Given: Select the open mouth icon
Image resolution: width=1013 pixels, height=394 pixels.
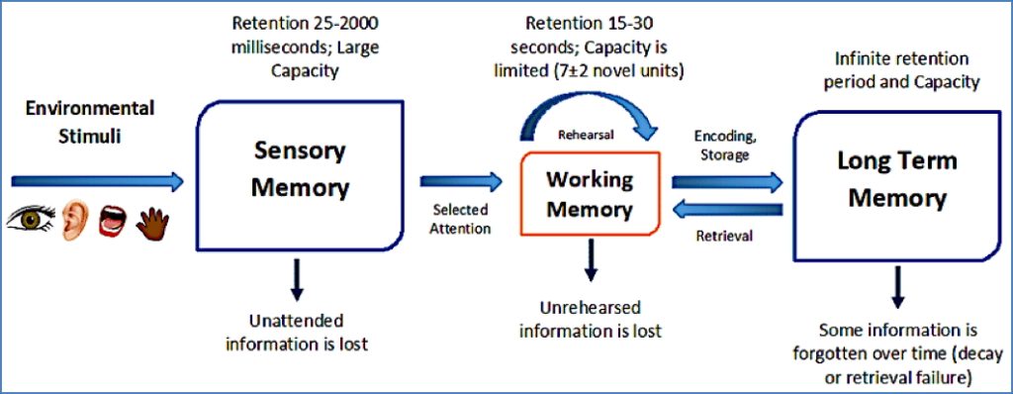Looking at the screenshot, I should tap(112, 221).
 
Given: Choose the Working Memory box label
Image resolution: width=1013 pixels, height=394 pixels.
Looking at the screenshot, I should tap(590, 195).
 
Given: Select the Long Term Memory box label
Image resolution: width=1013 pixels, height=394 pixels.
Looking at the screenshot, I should tap(897, 179).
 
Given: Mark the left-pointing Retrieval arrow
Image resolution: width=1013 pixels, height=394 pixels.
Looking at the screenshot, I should tap(727, 210).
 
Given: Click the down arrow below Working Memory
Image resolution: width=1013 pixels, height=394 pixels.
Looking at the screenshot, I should tap(590, 259).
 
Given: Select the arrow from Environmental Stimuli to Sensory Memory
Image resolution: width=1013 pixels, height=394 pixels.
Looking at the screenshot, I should tap(97, 181).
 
